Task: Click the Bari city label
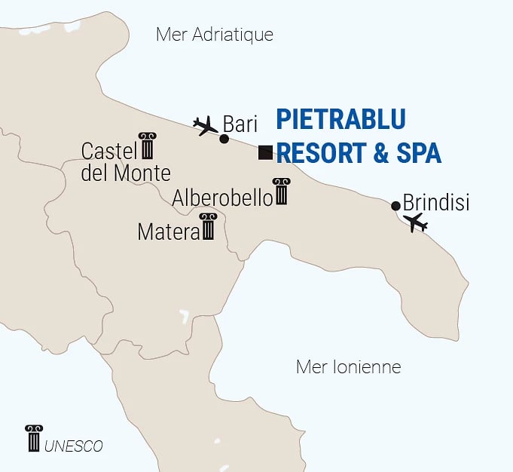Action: (241, 124)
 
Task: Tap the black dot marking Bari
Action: (224, 139)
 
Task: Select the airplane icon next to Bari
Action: (204, 124)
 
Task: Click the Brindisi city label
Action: (436, 203)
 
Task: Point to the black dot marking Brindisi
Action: (396, 206)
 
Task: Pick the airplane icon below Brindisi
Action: (415, 222)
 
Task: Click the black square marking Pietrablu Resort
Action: (265, 152)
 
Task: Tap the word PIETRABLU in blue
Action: (340, 119)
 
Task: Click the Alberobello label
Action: (222, 198)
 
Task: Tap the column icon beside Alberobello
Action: (282, 192)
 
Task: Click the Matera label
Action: (167, 231)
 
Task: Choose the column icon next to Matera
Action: (208, 227)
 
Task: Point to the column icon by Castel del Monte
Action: (147, 146)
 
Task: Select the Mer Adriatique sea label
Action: (214, 35)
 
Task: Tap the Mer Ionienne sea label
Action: (349, 367)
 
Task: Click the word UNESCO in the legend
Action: (73, 446)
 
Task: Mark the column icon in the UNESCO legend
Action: (33, 438)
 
